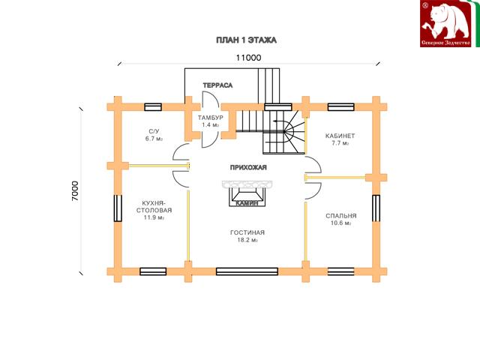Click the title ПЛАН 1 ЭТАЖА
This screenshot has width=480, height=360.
tap(247, 40)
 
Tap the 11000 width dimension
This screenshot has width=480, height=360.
tap(248, 58)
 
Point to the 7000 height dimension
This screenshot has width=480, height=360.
tap(75, 191)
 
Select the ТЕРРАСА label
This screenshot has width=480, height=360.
tap(217, 85)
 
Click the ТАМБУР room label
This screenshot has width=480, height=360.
tap(210, 118)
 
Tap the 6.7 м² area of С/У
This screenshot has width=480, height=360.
tap(154, 139)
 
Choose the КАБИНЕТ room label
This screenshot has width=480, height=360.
tap(340, 136)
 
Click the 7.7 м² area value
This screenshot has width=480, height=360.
tap(340, 143)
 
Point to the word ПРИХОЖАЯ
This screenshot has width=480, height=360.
tap(248, 167)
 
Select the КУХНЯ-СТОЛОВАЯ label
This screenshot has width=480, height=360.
tap(154, 207)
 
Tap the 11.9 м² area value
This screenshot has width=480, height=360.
tap(154, 217)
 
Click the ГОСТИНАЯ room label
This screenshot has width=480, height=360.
tap(247, 232)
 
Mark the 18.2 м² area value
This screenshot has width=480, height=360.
tap(247, 240)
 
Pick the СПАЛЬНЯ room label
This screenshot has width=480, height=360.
tap(341, 216)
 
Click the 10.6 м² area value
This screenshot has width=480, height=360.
tap(340, 223)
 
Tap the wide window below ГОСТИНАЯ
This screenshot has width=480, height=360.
tap(247, 271)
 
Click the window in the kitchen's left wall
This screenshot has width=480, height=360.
tap(118, 208)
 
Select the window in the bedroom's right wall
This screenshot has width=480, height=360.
tap(376, 208)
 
